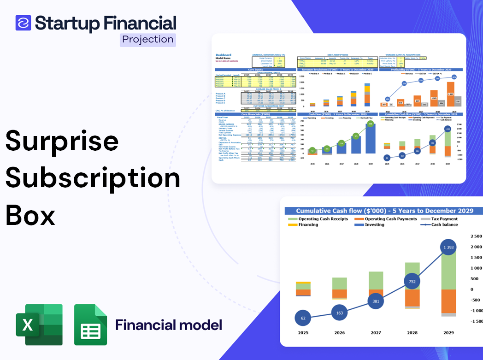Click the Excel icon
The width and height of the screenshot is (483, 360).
39,325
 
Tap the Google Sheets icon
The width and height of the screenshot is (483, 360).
91,325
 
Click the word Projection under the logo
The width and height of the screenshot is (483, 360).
148,40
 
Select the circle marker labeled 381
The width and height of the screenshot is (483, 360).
376,301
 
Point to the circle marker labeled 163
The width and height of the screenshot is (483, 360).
340,313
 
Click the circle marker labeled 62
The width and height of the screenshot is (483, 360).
303,318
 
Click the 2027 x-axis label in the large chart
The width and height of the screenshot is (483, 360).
376,332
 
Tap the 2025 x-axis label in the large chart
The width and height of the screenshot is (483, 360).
303,332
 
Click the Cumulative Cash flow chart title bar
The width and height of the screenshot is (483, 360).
384,211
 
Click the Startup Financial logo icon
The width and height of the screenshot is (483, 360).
23,23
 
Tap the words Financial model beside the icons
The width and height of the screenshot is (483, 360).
169,325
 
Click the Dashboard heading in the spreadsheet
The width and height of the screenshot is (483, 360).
224,55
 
